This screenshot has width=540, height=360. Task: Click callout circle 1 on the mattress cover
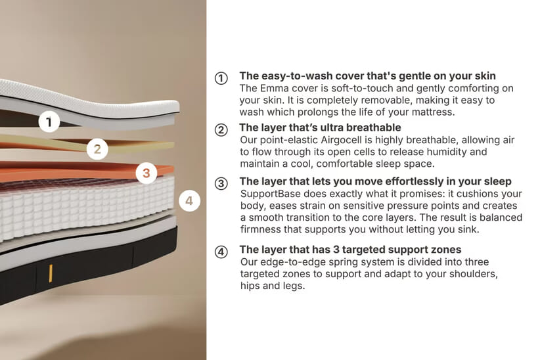pyautogui.click(x=49, y=122)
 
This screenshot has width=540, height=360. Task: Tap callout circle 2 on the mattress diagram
pyautogui.click(x=97, y=149)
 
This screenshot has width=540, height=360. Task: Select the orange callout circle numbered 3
pyautogui.click(x=146, y=173)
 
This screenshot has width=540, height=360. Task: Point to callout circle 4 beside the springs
pyautogui.click(x=189, y=200)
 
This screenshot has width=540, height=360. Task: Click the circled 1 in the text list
pyautogui.click(x=221, y=78)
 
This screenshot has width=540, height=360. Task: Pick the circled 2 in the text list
pyautogui.click(x=221, y=130)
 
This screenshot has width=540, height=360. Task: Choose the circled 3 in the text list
pyautogui.click(x=221, y=183)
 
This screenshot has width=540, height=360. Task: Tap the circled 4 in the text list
pyautogui.click(x=221, y=252)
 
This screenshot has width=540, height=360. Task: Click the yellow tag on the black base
pyautogui.click(x=51, y=273)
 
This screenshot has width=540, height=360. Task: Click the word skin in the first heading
pyautogui.click(x=485, y=76)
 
